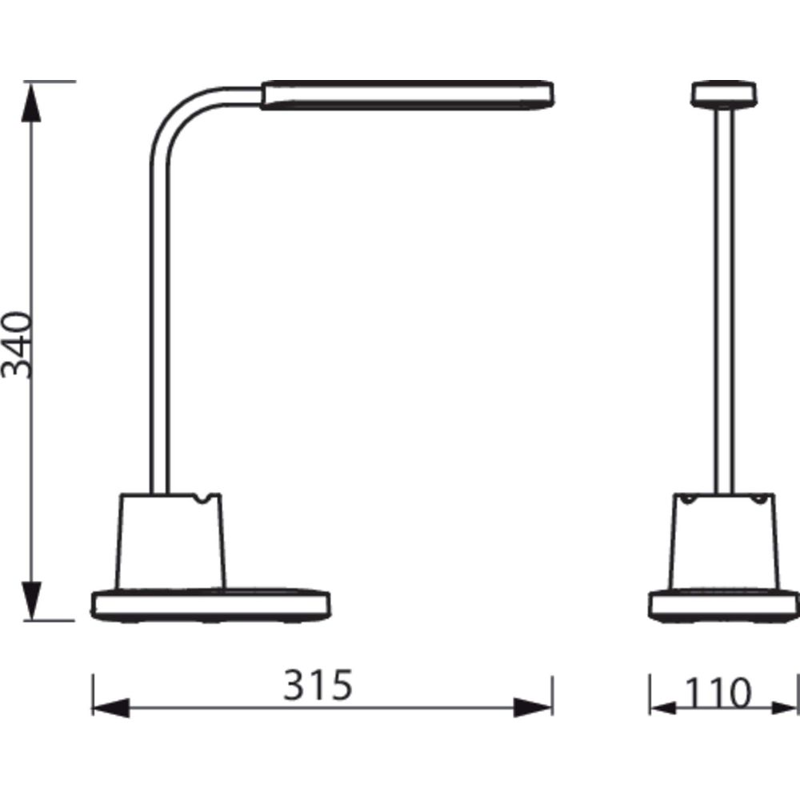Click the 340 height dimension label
tap(16, 345)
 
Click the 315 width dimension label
tap(318, 685)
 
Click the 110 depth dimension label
tap(718, 692)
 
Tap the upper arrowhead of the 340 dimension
tap(31, 103)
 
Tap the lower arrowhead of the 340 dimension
tap(31, 600)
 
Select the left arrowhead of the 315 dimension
tap(111, 708)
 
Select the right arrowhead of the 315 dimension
tap(533, 708)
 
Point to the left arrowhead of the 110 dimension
tap(663, 708)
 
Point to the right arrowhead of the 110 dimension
tap(784, 708)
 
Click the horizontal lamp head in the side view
tap(407, 95)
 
